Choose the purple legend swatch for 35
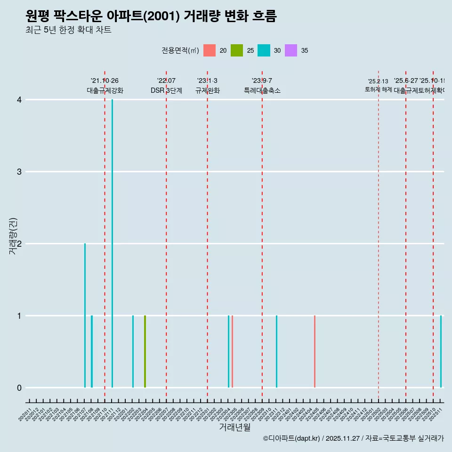(x=291, y=50)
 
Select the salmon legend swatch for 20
(x=210, y=50)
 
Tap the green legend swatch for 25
(x=237, y=50)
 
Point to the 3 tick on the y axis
(x=19, y=171)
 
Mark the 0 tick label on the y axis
(x=19, y=387)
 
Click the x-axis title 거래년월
(x=234, y=427)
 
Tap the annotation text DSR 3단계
(x=166, y=90)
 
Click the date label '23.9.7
(x=262, y=81)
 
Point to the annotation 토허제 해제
(x=378, y=89)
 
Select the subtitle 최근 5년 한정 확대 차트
(x=68, y=30)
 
